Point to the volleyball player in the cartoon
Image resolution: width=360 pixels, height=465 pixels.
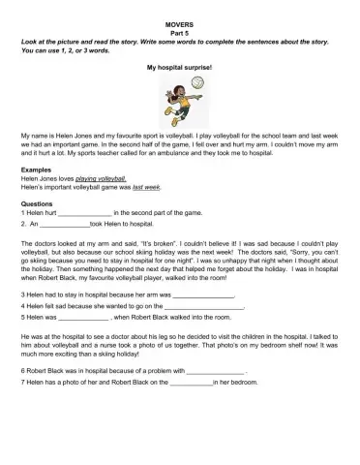[x=176, y=98]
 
